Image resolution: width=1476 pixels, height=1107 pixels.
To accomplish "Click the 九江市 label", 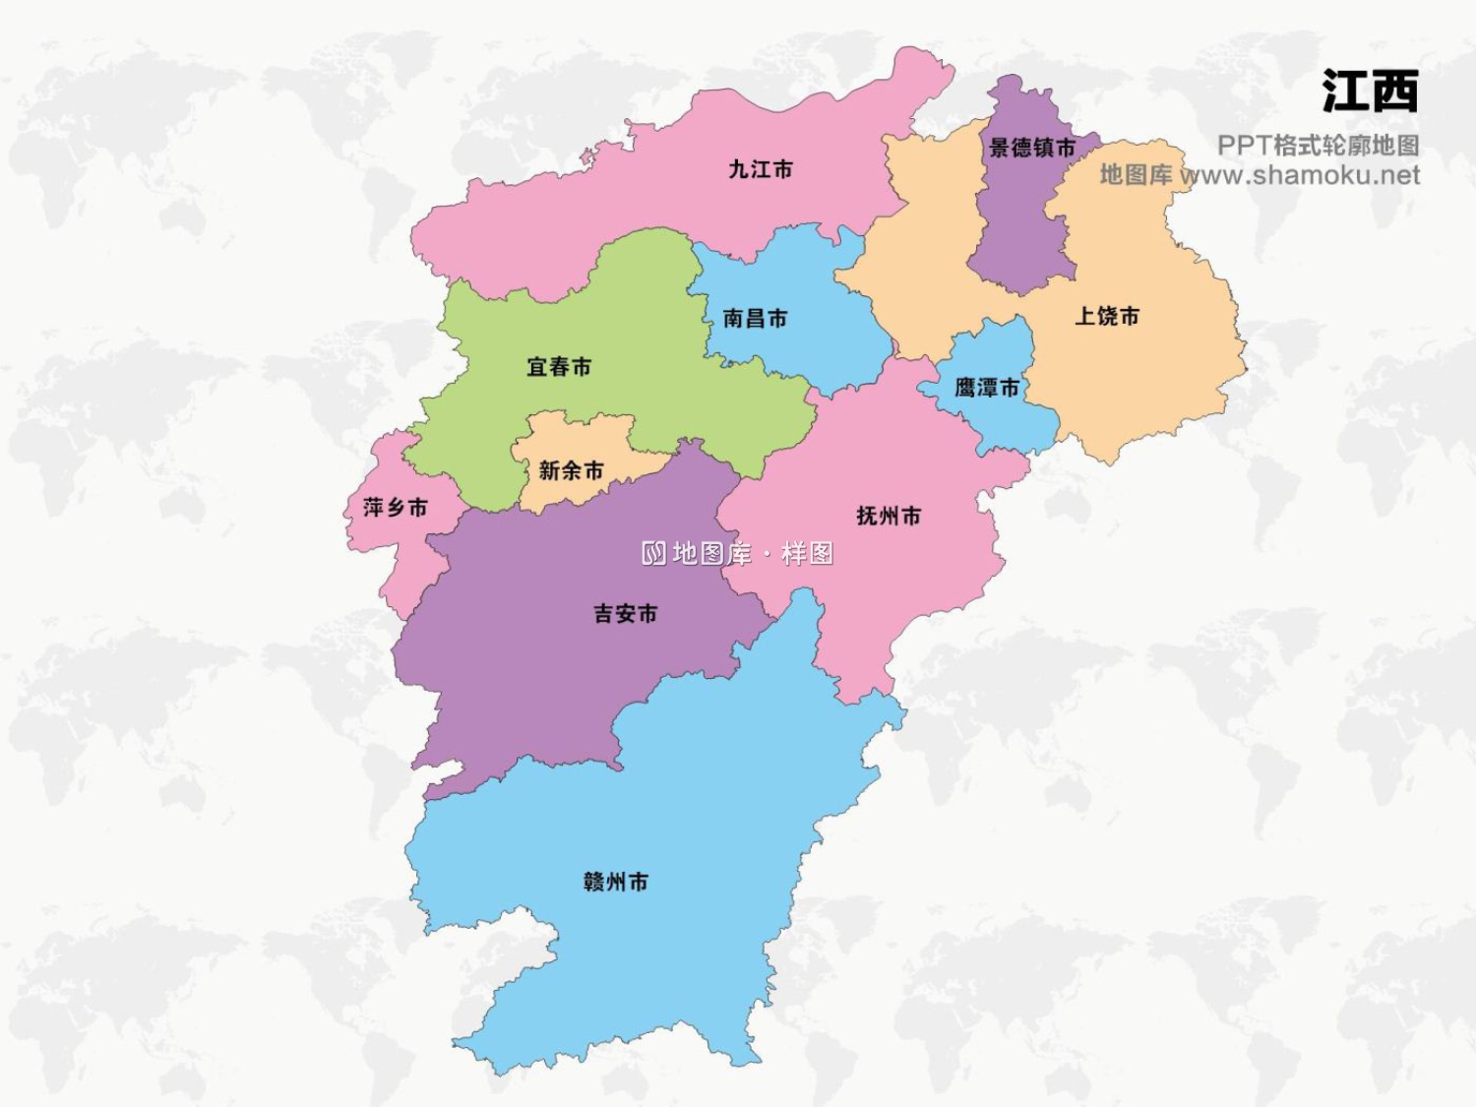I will coord(760,169).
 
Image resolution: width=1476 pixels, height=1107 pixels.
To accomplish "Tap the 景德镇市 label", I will coord(1032,148).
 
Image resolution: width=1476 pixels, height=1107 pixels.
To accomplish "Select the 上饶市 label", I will coord(1107,316).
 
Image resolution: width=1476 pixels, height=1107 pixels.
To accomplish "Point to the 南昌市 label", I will coord(755,318).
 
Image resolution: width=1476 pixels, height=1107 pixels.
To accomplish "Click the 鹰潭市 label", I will coord(987,388).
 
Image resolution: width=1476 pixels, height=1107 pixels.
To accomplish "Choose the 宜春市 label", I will coord(559,367).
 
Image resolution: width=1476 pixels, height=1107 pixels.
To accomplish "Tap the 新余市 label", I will coord(571,470).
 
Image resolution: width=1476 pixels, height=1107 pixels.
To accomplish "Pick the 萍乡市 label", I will coord(396,508).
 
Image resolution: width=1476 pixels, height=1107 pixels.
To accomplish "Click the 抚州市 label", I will coord(889,516).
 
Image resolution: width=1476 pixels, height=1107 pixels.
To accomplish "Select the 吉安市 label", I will coord(625,614).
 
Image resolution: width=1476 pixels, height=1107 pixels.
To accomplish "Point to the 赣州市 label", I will coord(616,882).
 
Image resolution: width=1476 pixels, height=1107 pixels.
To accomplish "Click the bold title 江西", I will coord(1370,92).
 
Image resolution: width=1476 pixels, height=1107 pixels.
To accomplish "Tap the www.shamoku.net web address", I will coord(1300,175).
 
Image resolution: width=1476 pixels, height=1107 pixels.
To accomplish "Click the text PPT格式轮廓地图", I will coord(1318,146).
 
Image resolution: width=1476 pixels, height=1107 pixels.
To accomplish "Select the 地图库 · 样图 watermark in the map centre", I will coord(738,554).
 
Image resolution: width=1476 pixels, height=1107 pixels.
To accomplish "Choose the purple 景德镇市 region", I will coord(1018,226).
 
